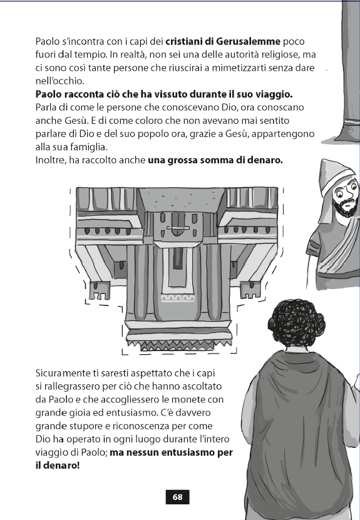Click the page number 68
coord(178,497)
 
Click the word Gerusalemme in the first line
coord(248,41)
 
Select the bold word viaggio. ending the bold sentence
coord(274,94)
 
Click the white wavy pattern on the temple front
coord(178,297)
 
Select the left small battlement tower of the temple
coord(100,291)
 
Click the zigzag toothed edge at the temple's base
coord(178,345)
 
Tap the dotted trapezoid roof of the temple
coord(181,198)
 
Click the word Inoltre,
coord(51,160)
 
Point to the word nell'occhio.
coord(59,81)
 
